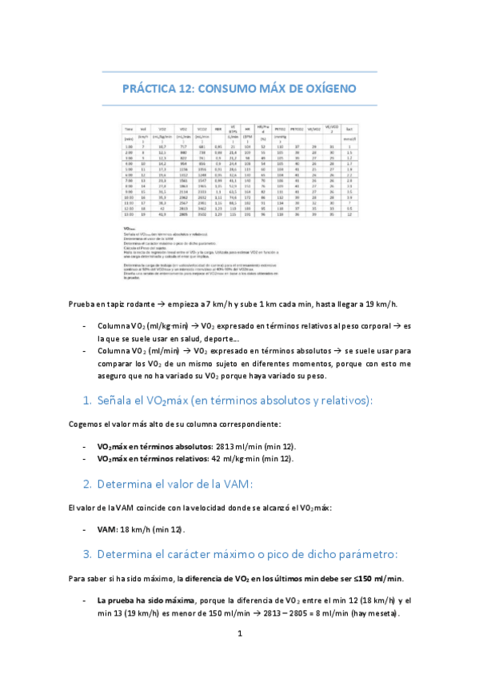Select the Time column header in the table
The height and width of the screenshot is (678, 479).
coord(128,129)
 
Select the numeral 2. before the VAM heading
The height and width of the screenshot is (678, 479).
coord(88,484)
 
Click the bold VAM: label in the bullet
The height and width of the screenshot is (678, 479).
coord(110,529)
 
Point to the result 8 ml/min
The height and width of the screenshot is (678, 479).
coord(325,614)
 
